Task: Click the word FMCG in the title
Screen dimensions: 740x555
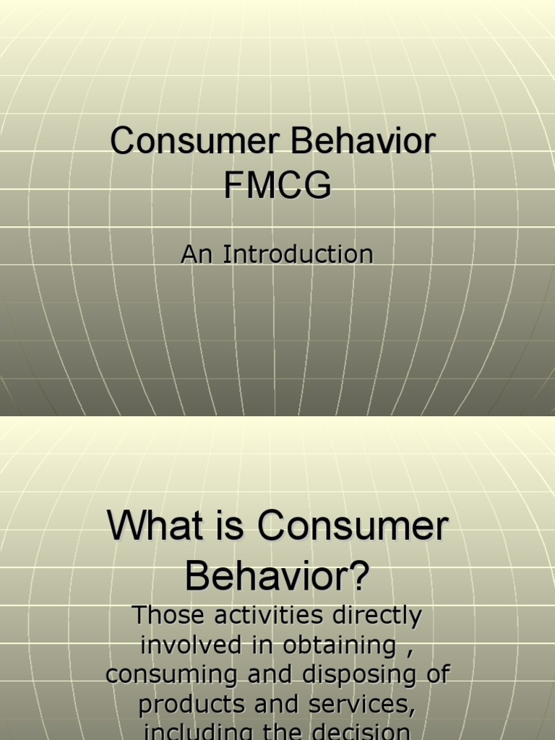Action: coord(277,185)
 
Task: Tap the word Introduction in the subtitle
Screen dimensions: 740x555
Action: coord(298,254)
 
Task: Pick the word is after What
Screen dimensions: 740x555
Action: coord(231,527)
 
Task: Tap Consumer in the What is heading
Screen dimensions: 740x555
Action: coord(353,527)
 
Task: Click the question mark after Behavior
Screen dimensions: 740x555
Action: coord(359,576)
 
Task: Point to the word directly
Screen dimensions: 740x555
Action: coord(380,616)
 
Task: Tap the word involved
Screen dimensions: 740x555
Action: coord(191,645)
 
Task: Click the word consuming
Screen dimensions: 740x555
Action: coord(171,675)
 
